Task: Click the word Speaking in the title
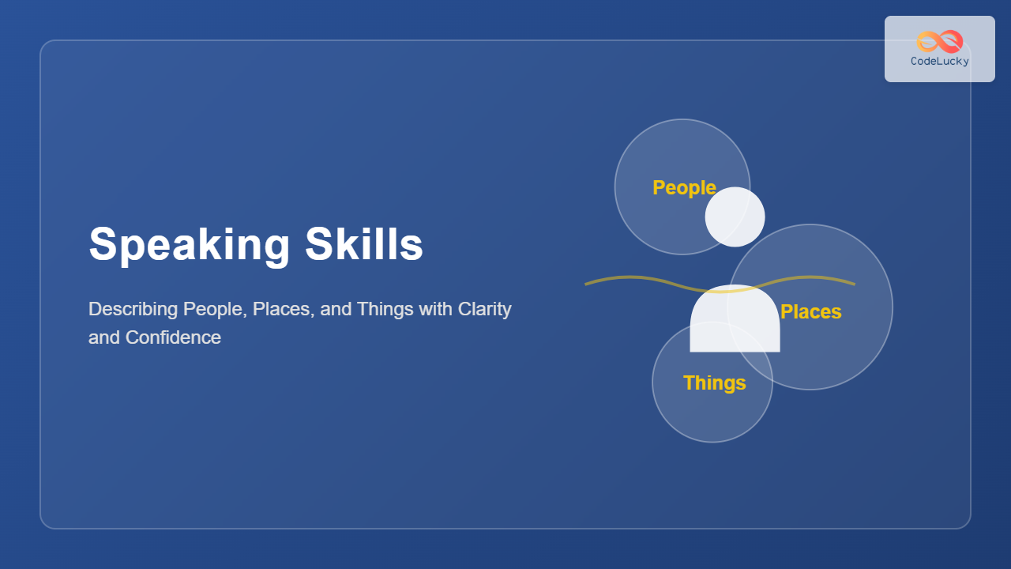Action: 189,245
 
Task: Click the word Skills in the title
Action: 364,244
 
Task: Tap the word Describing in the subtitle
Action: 133,310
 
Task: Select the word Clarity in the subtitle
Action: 484,310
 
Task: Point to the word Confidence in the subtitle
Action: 173,337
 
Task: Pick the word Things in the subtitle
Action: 385,310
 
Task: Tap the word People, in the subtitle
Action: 215,310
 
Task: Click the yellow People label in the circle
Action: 684,188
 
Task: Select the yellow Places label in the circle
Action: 810,311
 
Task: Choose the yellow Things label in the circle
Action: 715,383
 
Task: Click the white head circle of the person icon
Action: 735,217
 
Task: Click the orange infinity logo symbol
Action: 940,42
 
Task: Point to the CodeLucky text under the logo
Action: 940,62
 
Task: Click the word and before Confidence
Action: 104,337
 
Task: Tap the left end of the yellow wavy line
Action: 585,284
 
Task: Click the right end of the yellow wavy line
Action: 855,284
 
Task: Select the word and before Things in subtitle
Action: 336,310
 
